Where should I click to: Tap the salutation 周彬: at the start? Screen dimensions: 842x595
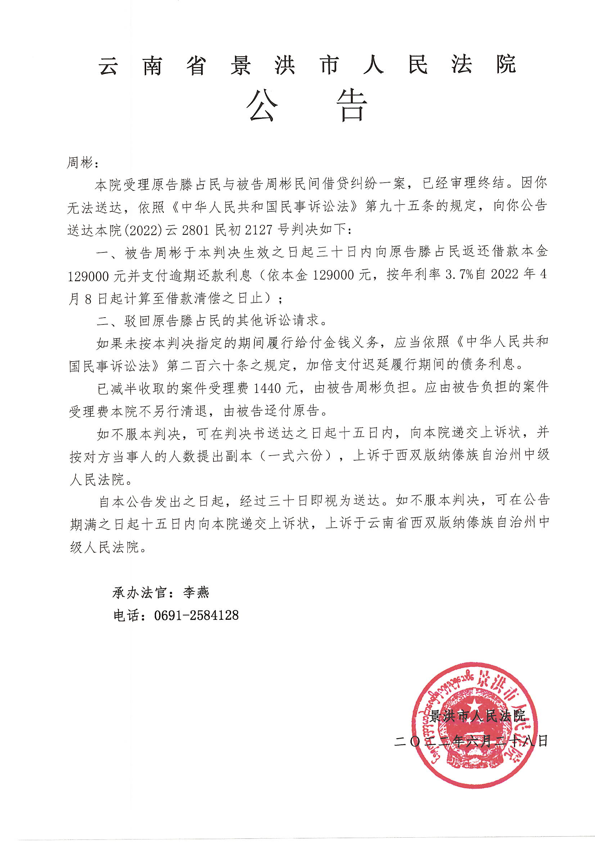(82, 162)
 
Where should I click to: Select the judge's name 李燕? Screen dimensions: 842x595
(197, 592)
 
